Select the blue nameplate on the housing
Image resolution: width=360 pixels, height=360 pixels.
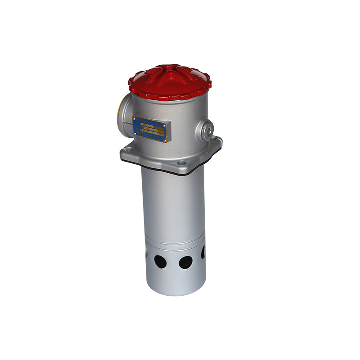coord(150,129)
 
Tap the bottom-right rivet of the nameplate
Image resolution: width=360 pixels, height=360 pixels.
coord(166,139)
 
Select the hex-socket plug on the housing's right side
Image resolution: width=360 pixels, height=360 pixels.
coord(207,130)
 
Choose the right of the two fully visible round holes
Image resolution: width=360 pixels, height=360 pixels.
coord(185,262)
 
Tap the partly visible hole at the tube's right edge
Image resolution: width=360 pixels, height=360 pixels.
coord(203,253)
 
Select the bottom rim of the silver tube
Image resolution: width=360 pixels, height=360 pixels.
coord(176,292)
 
